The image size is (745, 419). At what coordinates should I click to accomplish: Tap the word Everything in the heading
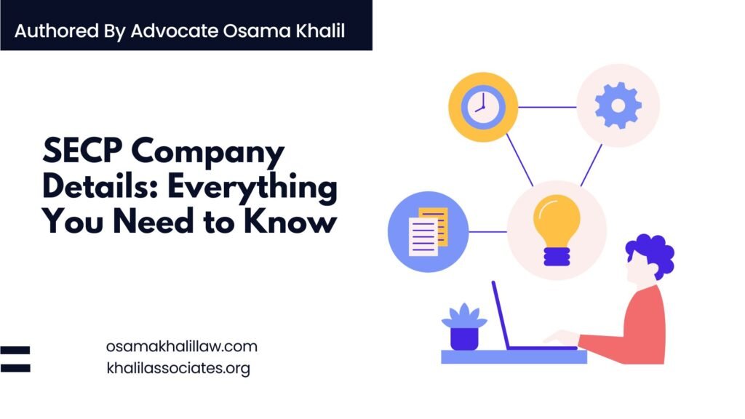tap(252, 188)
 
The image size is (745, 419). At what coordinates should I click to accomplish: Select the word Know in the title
tap(290, 221)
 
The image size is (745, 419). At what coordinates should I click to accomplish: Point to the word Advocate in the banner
tap(175, 31)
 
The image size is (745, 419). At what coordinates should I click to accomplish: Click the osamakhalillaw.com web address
tap(181, 346)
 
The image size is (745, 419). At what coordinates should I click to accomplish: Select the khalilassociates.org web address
tap(178, 368)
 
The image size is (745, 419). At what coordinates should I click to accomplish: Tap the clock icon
tap(483, 107)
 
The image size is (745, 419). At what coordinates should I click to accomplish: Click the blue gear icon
tap(618, 105)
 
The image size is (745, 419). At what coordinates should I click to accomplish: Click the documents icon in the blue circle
tap(428, 231)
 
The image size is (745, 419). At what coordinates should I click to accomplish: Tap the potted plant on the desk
tap(464, 327)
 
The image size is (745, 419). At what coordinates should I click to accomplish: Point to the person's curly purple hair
tap(652, 254)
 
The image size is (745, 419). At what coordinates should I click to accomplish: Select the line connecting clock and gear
tap(547, 107)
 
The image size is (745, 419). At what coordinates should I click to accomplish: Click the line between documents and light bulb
tap(487, 232)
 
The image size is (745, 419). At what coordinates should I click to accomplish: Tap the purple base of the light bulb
tap(557, 257)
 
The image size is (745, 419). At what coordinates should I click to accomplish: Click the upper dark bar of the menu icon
tap(15, 351)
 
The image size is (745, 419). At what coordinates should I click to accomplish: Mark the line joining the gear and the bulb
tap(591, 165)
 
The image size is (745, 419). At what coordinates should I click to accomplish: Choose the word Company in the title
tap(207, 153)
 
